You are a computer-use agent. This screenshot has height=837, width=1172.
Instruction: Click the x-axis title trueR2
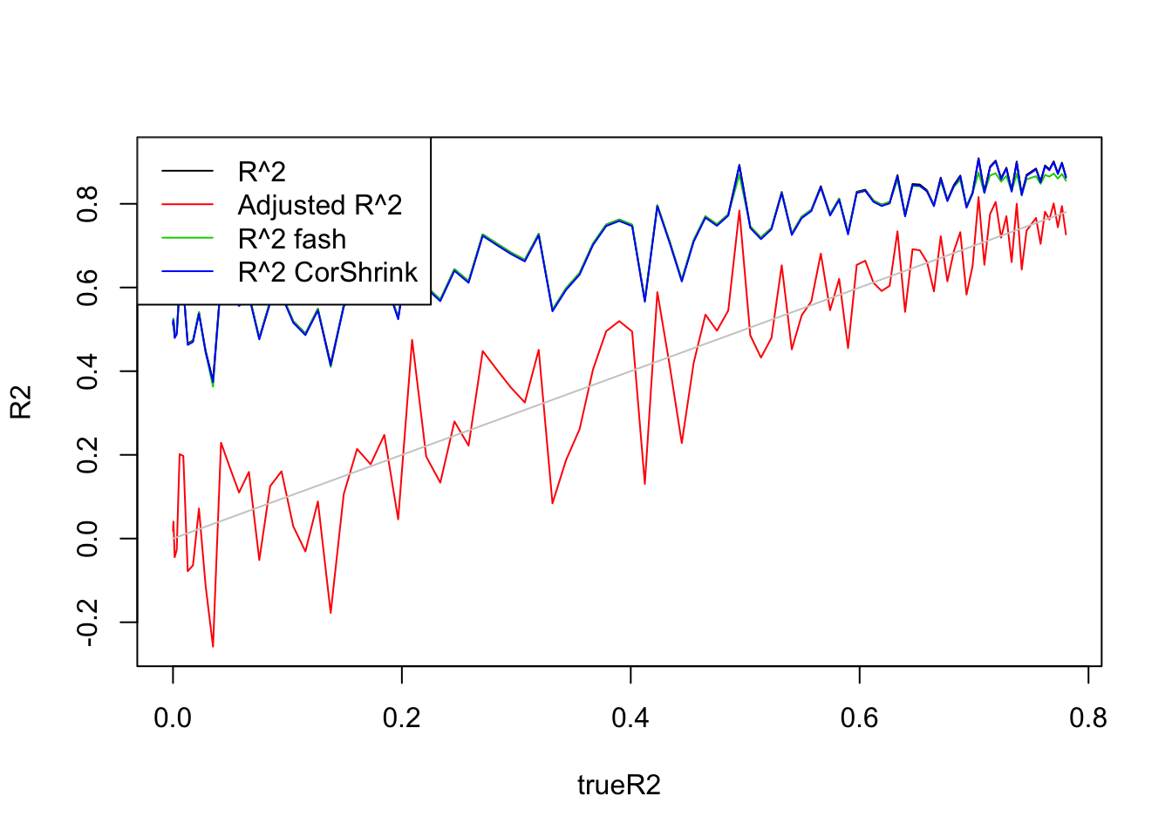coord(618,786)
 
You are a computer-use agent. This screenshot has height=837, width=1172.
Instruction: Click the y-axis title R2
coord(21,402)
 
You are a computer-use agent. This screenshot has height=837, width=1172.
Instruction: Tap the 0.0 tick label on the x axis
coord(173,718)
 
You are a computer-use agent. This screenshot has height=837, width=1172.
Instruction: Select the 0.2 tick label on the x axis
coord(401,718)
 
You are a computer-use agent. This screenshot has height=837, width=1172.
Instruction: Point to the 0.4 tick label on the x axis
coord(630,718)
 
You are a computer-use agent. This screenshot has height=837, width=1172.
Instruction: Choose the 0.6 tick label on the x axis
coord(859,718)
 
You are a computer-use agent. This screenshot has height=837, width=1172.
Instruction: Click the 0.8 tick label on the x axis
coord(1087,718)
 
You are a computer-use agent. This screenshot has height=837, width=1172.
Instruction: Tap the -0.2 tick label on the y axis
coord(88,623)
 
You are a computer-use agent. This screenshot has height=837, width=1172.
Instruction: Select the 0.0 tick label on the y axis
coord(88,539)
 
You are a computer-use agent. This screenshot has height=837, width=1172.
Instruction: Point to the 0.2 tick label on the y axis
coord(88,455)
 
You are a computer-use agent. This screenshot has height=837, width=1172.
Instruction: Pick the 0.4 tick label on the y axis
coord(88,371)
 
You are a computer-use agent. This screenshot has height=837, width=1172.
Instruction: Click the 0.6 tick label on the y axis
coord(88,288)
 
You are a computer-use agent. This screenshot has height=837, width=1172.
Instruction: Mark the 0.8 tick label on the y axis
coord(88,204)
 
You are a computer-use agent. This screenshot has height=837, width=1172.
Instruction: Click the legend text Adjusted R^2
coord(320,205)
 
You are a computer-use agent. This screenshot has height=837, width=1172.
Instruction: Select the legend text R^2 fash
coord(292,239)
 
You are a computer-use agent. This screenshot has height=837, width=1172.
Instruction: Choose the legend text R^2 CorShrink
coord(328,272)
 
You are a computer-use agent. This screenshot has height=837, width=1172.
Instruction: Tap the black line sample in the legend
coord(187,171)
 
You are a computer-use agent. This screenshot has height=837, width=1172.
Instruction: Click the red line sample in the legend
coord(187,205)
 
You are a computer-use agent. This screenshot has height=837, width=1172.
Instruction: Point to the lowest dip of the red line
coord(213,646)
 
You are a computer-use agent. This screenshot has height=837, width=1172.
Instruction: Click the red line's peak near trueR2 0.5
coord(739,210)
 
